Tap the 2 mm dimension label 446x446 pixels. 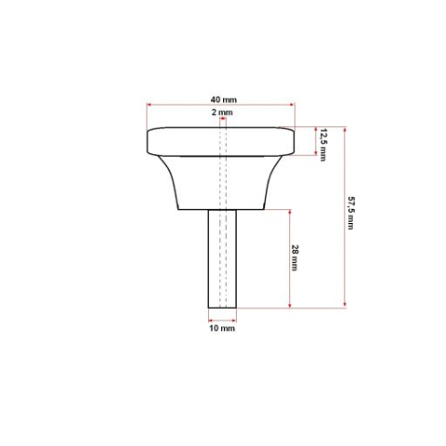point(222,111)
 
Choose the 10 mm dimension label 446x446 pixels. point(221,329)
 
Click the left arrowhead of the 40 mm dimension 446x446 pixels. point(149,105)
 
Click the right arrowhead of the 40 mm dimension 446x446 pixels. point(294,105)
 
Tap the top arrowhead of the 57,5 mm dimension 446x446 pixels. point(345,128)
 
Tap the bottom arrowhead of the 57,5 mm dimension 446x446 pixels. point(345,306)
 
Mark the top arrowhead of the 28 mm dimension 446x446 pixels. point(292,209)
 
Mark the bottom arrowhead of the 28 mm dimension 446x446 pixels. point(292,306)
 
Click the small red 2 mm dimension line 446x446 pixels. point(222,118)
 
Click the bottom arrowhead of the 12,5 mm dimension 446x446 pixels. point(316,156)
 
